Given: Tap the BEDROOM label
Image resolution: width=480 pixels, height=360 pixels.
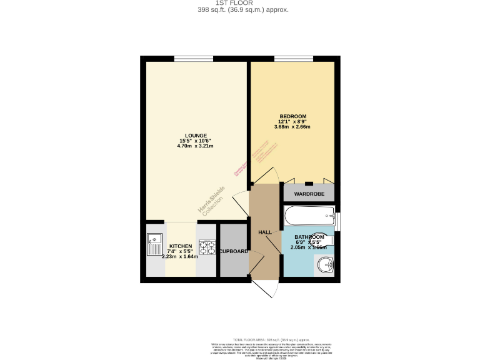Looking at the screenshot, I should pos(292,117).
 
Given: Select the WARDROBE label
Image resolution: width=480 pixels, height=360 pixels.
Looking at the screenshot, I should pos(309,194).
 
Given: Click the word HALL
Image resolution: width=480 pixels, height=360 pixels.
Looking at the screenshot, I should pos(265,232).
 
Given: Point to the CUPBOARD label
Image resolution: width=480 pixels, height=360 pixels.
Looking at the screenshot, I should pos(233,251).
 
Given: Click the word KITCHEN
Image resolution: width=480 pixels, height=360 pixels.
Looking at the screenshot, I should pos(180,247).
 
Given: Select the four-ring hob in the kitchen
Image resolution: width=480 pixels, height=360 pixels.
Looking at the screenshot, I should pos(205,247).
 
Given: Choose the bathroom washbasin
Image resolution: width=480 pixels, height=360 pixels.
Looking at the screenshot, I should pos(325,266).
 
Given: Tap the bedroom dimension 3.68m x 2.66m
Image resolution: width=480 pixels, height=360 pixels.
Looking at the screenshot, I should pos(292,127).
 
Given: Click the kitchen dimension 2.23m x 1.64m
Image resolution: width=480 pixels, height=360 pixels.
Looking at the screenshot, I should pos(180,256).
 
